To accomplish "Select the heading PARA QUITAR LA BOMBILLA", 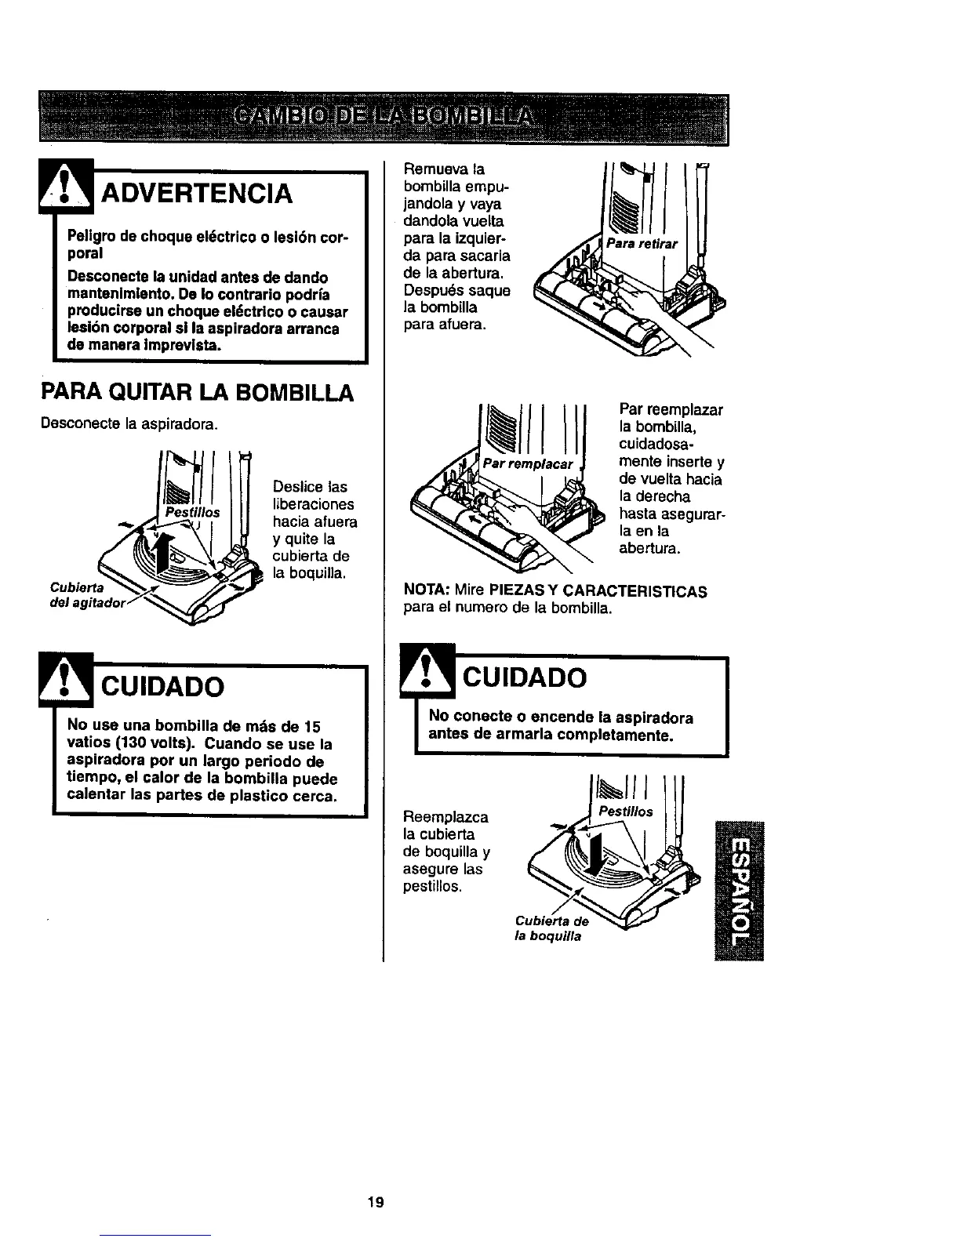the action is tap(197, 393).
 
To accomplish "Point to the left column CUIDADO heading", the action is tap(161, 686).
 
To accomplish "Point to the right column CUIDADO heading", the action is tap(522, 677).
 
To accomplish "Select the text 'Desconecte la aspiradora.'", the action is tap(129, 424).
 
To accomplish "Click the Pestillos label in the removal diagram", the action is tap(192, 510).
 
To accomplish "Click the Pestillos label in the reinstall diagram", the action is tap(625, 812).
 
